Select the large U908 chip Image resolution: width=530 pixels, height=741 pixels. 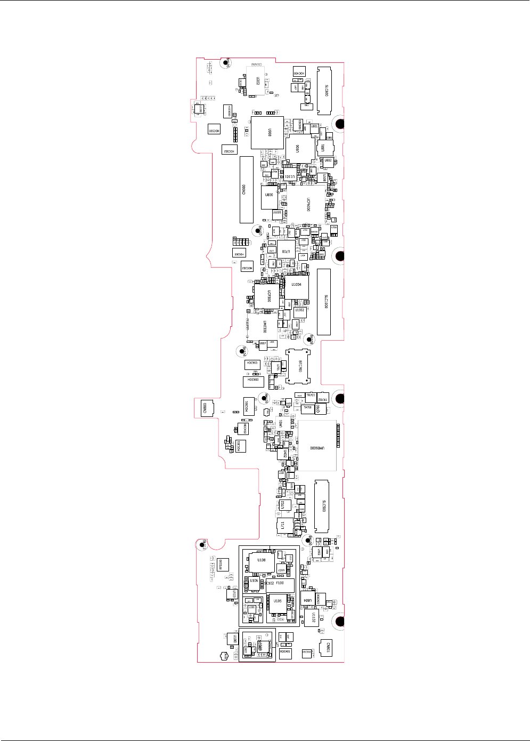pos(267,132)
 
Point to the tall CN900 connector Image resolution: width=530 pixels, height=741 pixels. pos(246,189)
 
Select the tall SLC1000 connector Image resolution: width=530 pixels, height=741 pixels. pos(324,302)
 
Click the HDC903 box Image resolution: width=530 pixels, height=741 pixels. pos(252,364)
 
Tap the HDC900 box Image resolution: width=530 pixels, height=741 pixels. pos(253,381)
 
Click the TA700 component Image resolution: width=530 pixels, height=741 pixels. pos(307,408)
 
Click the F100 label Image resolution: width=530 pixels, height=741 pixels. pos(280,584)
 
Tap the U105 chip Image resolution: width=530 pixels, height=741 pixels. pos(278,602)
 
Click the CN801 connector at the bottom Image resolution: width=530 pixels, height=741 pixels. pos(326,648)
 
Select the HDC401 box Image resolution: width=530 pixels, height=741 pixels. pos(286,653)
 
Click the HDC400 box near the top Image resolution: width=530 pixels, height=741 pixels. pos(299,73)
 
